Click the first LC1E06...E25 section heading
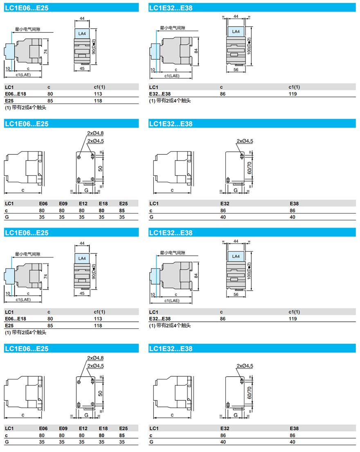tap(27, 7)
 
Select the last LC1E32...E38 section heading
tap(171, 349)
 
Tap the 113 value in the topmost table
tap(98, 94)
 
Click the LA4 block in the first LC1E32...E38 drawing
tap(236, 32)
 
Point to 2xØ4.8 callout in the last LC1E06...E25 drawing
tap(95, 358)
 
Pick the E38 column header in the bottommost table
tap(294, 429)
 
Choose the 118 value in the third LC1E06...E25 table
tap(98, 325)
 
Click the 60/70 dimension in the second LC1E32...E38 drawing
tap(250, 168)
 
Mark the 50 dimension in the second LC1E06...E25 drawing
tap(100, 168)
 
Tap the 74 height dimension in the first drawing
tap(46, 52)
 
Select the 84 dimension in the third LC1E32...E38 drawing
tap(196, 276)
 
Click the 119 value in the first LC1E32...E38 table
tap(292, 94)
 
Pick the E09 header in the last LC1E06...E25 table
tap(63, 429)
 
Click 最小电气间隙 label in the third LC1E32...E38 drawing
tap(173, 253)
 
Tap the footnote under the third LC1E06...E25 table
tap(25, 332)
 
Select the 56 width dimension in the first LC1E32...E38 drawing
tap(236, 70)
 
